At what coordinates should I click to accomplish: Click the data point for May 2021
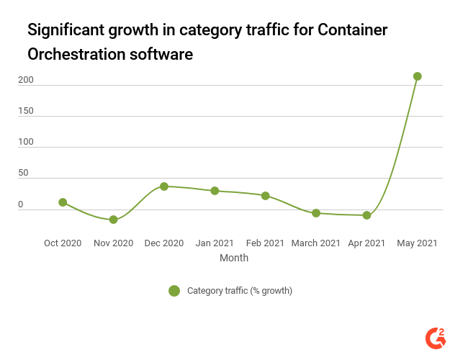click(417, 76)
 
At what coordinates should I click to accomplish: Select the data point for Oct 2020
click(63, 202)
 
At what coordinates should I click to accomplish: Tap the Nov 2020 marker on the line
click(113, 220)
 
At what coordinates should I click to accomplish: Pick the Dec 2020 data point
click(164, 186)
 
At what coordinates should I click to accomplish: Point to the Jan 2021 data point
click(215, 191)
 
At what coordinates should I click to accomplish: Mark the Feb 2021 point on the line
click(265, 196)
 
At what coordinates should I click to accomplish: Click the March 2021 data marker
click(316, 213)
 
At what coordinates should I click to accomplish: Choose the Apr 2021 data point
click(366, 215)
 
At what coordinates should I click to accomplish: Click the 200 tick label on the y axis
click(26, 81)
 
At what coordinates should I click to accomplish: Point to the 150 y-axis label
click(26, 112)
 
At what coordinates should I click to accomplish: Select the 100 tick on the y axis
click(26, 143)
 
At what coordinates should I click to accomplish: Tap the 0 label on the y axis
click(21, 204)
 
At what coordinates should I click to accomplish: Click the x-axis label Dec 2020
click(164, 243)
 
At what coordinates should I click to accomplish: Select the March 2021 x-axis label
click(316, 243)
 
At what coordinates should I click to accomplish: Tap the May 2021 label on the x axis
click(417, 243)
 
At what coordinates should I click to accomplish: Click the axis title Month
click(234, 258)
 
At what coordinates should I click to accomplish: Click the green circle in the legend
click(174, 291)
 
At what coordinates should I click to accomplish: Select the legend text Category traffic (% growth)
click(239, 291)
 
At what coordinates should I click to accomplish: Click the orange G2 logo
click(436, 337)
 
